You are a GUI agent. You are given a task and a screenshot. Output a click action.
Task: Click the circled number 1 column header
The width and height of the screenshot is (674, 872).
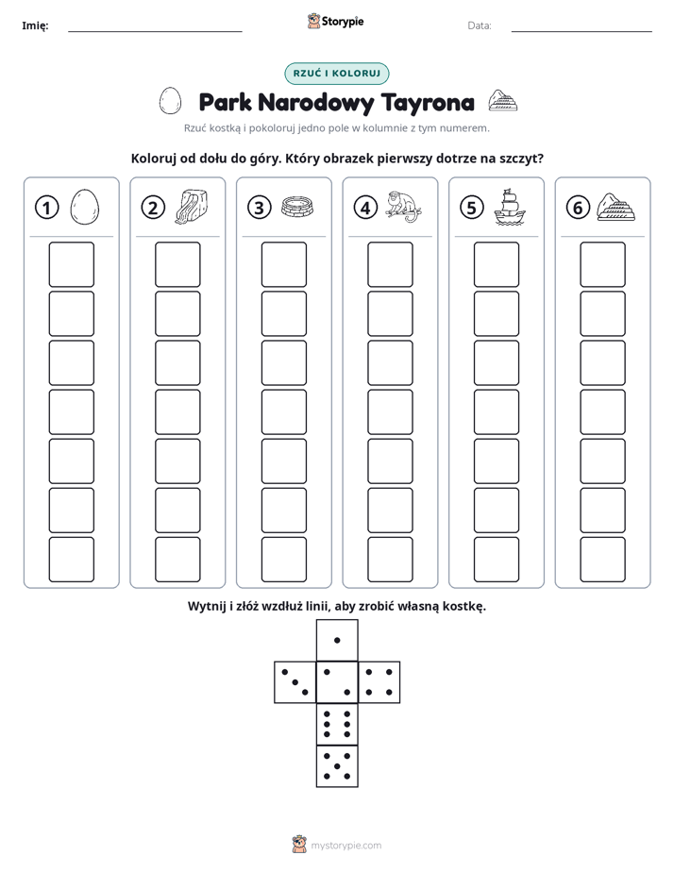click(x=46, y=208)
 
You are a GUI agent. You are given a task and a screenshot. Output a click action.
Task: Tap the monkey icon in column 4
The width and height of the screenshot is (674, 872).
click(x=404, y=207)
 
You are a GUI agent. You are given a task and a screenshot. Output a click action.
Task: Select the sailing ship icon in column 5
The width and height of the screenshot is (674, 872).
click(x=510, y=207)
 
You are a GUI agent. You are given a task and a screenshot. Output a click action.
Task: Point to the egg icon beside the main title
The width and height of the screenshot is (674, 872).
click(x=170, y=101)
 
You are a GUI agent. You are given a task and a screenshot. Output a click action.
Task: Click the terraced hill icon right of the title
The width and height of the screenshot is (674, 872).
click(x=503, y=100)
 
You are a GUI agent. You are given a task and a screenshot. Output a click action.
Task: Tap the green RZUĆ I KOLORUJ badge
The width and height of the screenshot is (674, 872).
click(x=337, y=74)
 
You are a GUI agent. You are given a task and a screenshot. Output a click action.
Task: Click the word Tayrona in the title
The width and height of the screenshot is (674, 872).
click(x=429, y=103)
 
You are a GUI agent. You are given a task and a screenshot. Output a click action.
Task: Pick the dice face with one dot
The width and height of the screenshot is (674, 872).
click(x=337, y=640)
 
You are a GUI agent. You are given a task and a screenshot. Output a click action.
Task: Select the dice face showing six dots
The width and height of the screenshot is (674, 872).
click(x=337, y=724)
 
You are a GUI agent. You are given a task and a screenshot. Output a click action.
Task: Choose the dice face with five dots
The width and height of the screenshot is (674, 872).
click(x=337, y=766)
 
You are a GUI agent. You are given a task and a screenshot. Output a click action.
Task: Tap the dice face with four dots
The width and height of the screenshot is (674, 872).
click(x=379, y=682)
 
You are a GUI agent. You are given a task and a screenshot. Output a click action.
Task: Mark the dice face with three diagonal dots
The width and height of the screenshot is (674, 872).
click(x=295, y=682)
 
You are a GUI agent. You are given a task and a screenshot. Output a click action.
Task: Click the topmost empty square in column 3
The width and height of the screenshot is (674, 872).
click(x=284, y=264)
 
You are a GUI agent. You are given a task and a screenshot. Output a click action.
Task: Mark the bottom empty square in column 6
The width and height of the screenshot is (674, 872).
click(x=603, y=560)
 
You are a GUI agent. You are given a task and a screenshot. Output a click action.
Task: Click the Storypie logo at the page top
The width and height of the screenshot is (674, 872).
click(x=335, y=22)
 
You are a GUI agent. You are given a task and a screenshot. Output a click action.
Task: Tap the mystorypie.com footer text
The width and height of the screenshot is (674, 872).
click(x=345, y=846)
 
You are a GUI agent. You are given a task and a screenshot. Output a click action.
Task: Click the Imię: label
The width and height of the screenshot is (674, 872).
click(x=35, y=25)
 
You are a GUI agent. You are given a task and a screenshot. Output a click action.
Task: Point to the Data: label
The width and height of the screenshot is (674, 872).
click(x=480, y=25)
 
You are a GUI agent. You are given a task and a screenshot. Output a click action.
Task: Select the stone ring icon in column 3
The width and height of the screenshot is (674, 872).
click(x=297, y=207)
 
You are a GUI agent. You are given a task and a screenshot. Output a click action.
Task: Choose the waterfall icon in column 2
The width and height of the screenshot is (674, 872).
click(x=192, y=207)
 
